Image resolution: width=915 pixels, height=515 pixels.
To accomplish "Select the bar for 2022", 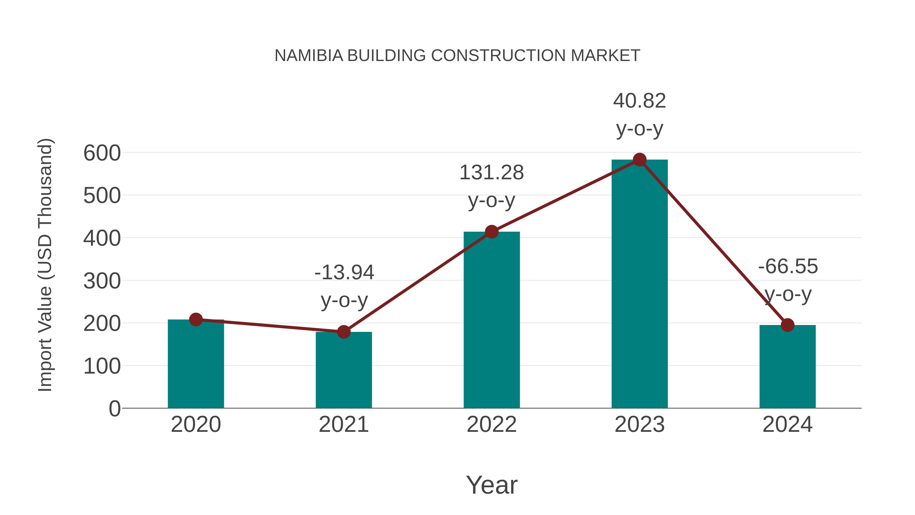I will pyautogui.click(x=492, y=320).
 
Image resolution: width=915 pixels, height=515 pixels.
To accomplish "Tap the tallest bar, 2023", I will pyautogui.click(x=639, y=284).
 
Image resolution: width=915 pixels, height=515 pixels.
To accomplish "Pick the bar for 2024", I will pyautogui.click(x=787, y=368).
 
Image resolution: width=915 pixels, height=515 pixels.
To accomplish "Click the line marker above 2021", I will pyautogui.click(x=343, y=332).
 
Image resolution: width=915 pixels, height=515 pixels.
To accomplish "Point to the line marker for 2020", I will pyautogui.click(x=196, y=319).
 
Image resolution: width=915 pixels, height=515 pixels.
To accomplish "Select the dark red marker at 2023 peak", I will pyautogui.click(x=639, y=159).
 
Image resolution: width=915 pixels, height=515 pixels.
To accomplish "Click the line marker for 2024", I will pyautogui.click(x=787, y=325).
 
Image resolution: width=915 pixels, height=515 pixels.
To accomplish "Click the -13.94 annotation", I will pyautogui.click(x=344, y=273).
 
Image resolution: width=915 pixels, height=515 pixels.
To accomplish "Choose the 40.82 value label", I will pyautogui.click(x=639, y=101).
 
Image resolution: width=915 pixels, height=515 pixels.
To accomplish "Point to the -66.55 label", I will pyautogui.click(x=788, y=267).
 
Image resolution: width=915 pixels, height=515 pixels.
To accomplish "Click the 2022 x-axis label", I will pyautogui.click(x=492, y=424).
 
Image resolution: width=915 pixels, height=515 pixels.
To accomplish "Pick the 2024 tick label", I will pyautogui.click(x=787, y=424).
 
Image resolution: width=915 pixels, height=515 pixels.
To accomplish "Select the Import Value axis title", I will pyautogui.click(x=45, y=265).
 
